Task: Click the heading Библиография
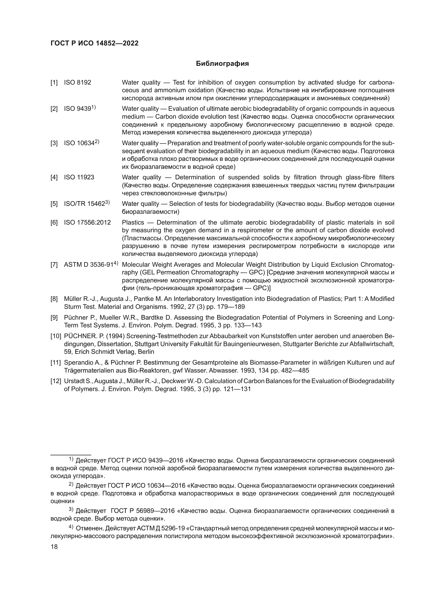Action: pyautogui.click(x=222, y=64)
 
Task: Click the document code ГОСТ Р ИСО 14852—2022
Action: pyautogui.click(x=95, y=43)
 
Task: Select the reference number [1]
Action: pyautogui.click(x=54, y=83)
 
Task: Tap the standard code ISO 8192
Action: pyautogui.click(x=77, y=83)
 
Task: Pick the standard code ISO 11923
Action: pyautogui.click(x=79, y=178)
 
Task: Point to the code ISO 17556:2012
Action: pyautogui.click(x=87, y=223)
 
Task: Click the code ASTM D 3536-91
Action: pyautogui.click(x=88, y=265)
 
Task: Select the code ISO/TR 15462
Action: pyautogui.click(x=85, y=204)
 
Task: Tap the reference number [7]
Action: pyautogui.click(x=54, y=265)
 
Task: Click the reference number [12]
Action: pyautogui.click(x=56, y=381)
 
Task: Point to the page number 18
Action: pyautogui.click(x=54, y=547)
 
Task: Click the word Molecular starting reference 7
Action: pyautogui.click(x=135, y=265)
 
